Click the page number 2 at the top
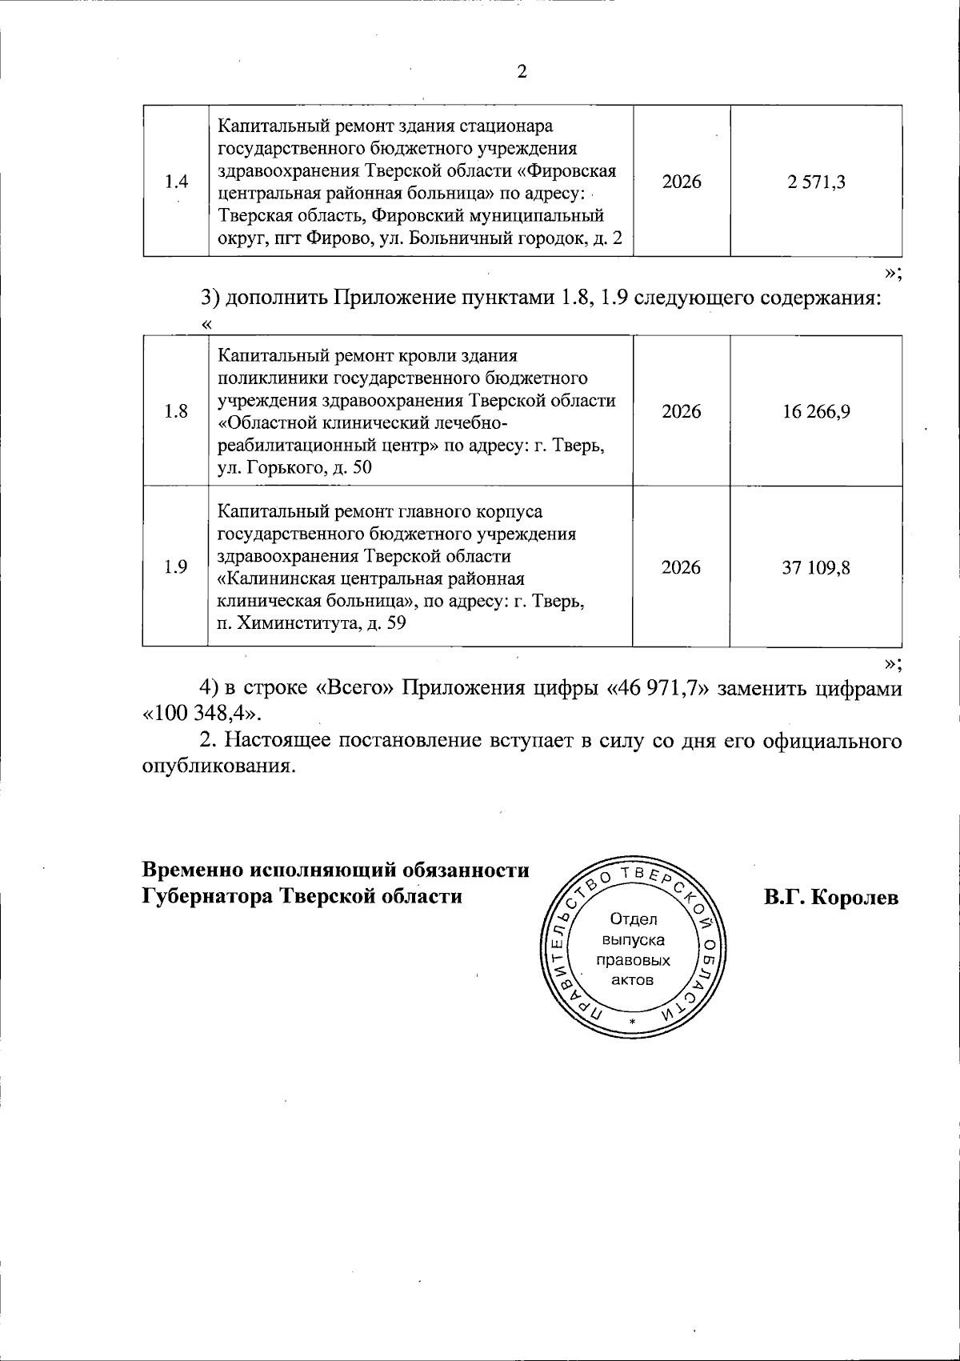[x=522, y=73]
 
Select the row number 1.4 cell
[x=176, y=182]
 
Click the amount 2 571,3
[x=816, y=182]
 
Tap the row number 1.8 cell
[x=176, y=411]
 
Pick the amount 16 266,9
[x=816, y=411]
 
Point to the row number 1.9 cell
[x=176, y=567]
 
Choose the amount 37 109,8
[x=816, y=567]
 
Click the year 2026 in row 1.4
[x=682, y=182]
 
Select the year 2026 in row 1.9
[x=682, y=567]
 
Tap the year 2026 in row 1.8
[x=682, y=411]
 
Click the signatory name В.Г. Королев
[x=831, y=898]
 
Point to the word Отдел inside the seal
[x=633, y=919]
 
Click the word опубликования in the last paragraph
[x=214, y=767]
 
